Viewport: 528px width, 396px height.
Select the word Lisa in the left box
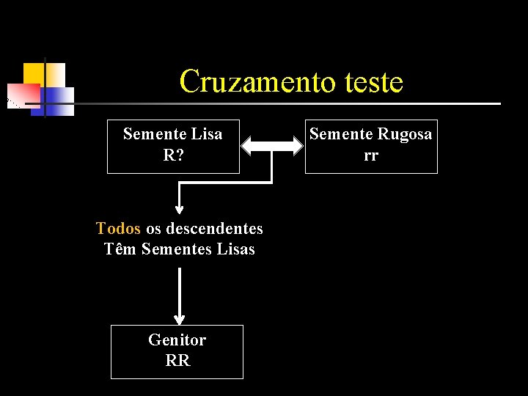click(206, 134)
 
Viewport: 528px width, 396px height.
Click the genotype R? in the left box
click(173, 155)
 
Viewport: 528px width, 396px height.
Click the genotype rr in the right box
click(371, 155)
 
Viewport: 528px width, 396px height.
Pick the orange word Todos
click(117, 228)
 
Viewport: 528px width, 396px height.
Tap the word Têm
click(120, 249)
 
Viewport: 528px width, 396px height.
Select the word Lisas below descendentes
click(236, 249)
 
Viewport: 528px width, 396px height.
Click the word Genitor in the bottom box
click(177, 340)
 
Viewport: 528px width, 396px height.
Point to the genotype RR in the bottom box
click(177, 361)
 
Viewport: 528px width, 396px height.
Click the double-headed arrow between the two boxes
click(272, 146)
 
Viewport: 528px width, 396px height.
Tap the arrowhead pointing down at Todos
click(179, 208)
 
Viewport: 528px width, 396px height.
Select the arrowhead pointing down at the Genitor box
click(179, 320)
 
